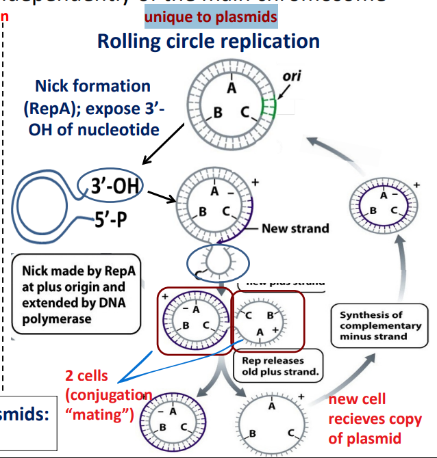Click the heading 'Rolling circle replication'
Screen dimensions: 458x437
(208, 41)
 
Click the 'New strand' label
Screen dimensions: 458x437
(295, 228)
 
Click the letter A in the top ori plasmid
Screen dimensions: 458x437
(232, 89)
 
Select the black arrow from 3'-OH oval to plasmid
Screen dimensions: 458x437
(162, 197)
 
